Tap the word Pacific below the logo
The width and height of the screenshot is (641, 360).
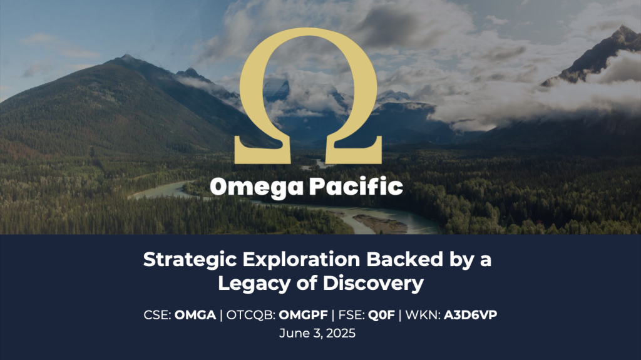pos(356,186)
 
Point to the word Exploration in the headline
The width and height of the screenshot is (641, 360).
pos(301,260)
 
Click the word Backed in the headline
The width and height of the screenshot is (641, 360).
pos(405,259)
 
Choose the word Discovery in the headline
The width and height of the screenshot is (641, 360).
pos(373,284)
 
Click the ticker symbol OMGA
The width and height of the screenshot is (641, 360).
pos(195,315)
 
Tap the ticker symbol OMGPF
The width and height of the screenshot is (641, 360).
pos(304,315)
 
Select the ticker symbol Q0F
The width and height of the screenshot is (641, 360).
pos(381,315)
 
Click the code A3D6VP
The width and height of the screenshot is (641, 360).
pos(470,315)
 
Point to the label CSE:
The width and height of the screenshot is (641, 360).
pos(157,315)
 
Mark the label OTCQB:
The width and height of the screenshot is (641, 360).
pos(251,316)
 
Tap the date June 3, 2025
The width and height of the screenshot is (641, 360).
pos(317,333)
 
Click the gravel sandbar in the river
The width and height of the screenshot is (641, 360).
pos(380,224)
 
